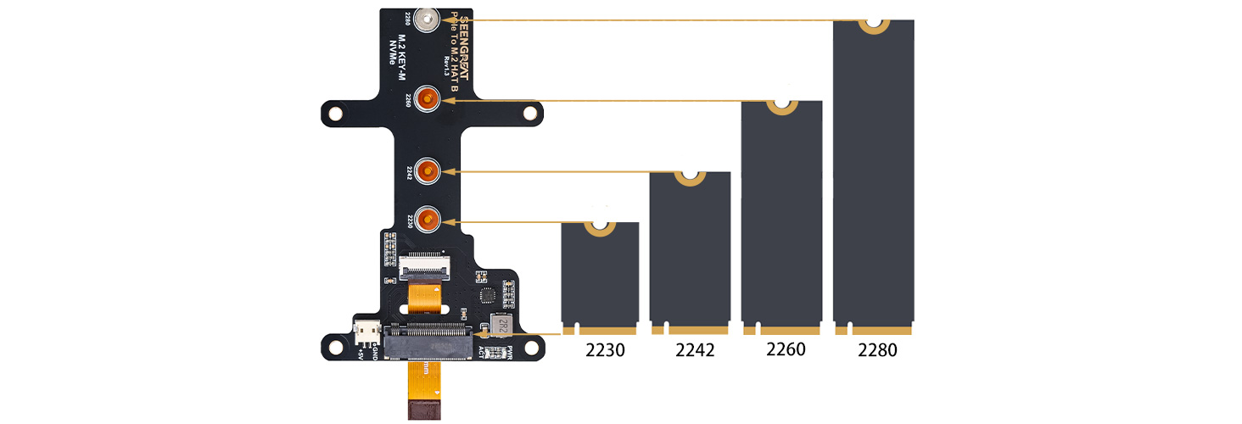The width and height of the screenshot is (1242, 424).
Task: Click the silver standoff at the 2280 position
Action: coord(431,19)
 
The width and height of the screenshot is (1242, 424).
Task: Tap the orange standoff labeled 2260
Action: coord(429,99)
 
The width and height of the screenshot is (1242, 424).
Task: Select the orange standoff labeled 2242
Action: coord(429,171)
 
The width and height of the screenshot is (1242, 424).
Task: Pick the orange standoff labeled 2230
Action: coord(429,220)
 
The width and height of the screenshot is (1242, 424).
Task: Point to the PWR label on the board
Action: coord(510,354)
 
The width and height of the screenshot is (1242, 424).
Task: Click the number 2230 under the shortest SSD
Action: coord(605,349)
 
